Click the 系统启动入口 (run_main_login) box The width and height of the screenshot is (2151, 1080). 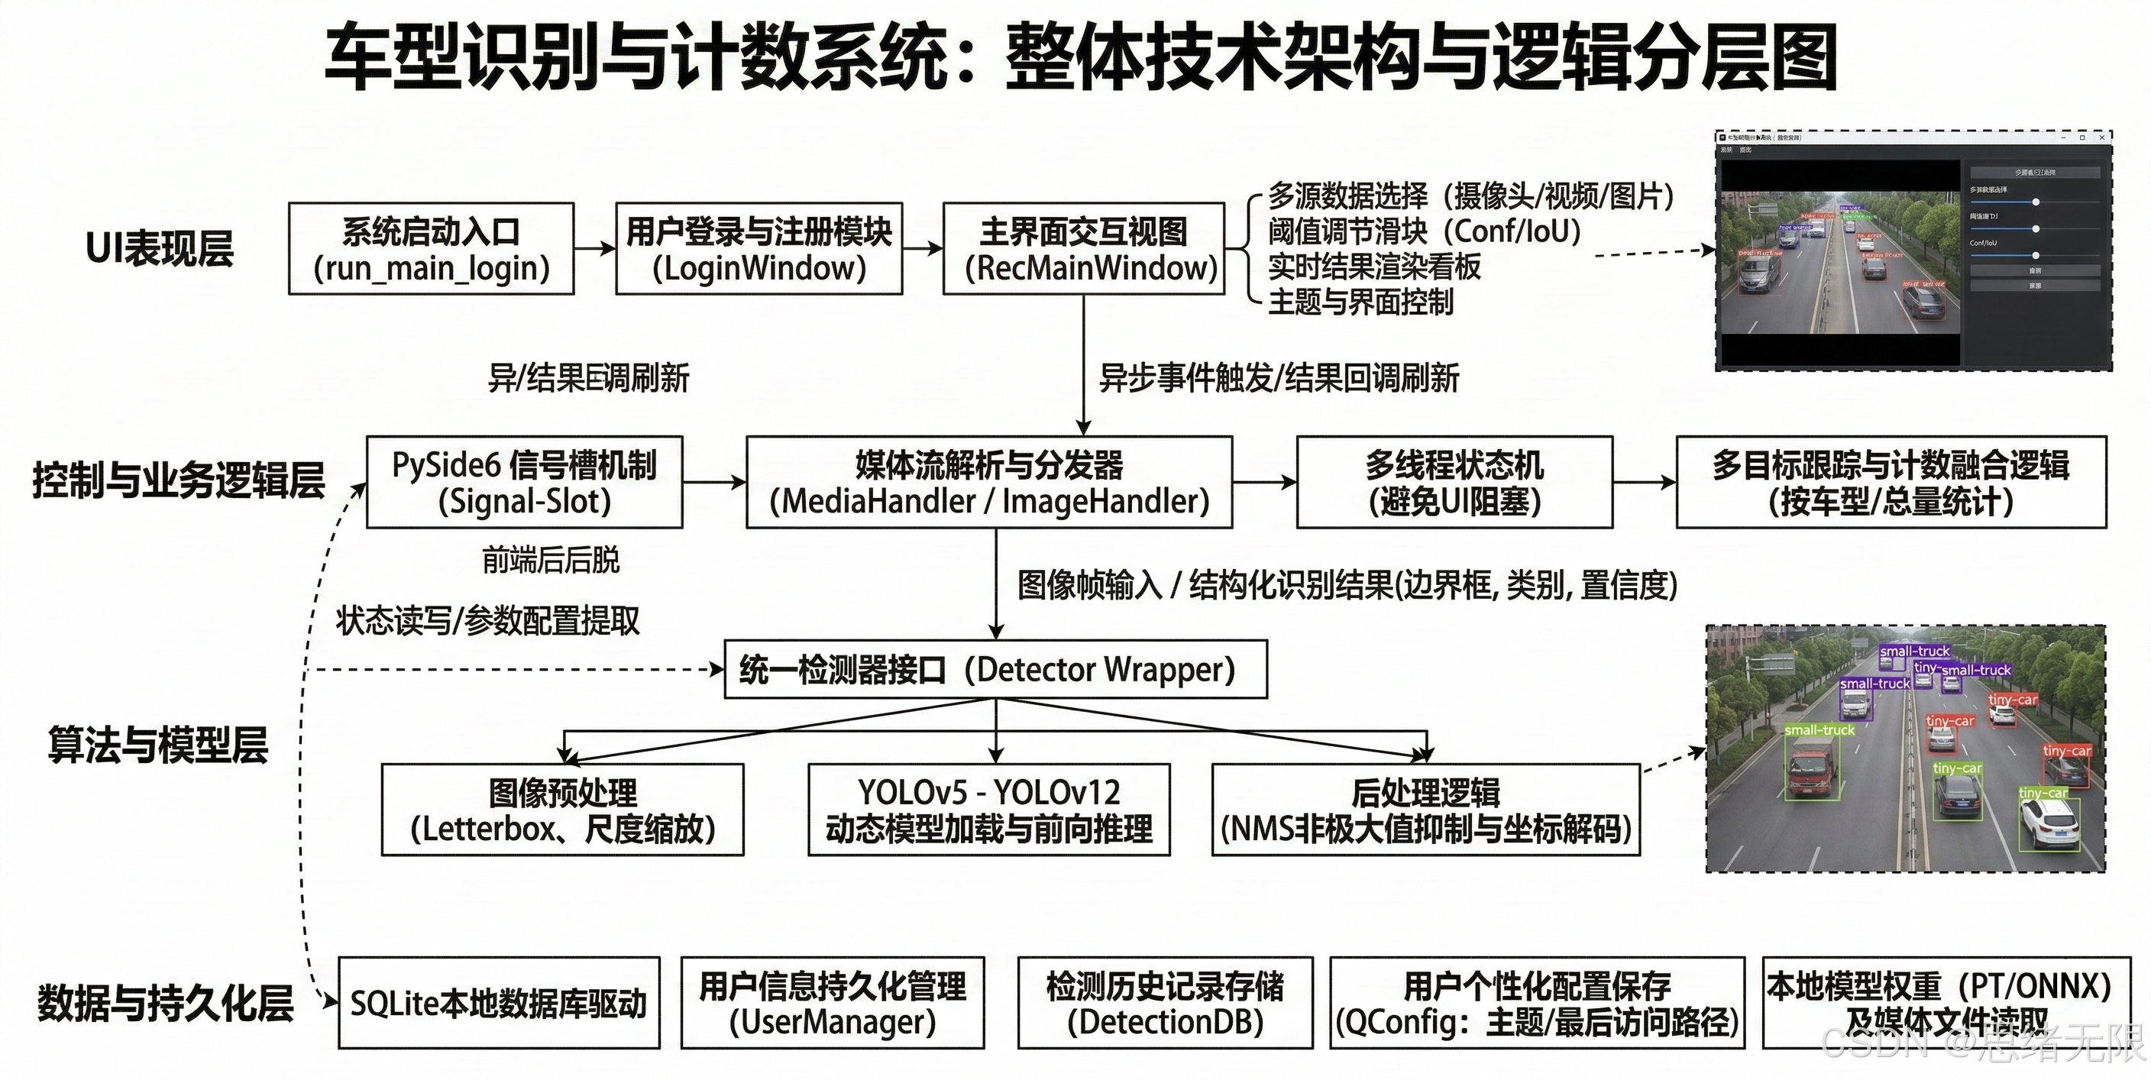(x=431, y=248)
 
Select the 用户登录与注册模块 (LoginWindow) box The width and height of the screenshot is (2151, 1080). (x=759, y=248)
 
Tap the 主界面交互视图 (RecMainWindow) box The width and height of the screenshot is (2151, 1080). (x=1083, y=248)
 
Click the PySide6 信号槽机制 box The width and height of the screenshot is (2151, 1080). (x=525, y=482)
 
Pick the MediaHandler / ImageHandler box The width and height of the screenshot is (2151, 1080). (x=988, y=482)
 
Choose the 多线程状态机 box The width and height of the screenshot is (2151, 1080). (x=1454, y=482)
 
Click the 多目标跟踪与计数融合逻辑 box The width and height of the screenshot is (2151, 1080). (x=1891, y=482)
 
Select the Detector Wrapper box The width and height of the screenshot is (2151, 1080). (x=995, y=669)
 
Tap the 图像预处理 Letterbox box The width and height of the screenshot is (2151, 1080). (x=562, y=810)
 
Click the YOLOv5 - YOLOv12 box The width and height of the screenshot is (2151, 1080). (x=988, y=810)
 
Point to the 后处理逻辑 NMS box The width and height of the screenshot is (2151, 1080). (x=1425, y=810)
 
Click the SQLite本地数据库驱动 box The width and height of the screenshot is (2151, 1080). (x=499, y=1002)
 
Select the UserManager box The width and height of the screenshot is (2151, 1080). (x=833, y=1002)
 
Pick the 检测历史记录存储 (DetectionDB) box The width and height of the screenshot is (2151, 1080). (x=1165, y=1002)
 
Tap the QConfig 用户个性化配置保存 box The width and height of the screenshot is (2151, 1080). (x=1536, y=1002)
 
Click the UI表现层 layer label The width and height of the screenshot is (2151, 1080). (x=160, y=248)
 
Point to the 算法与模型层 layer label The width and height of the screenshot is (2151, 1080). (x=158, y=744)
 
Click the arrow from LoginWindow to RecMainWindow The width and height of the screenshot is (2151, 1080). (x=922, y=248)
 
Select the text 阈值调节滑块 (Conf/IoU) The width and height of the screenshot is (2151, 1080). (x=1425, y=231)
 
